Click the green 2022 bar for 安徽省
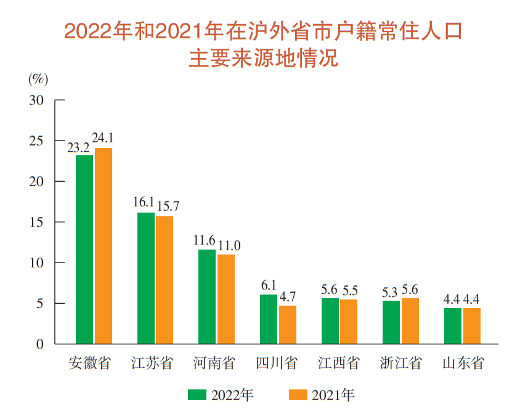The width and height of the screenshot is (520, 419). point(84,249)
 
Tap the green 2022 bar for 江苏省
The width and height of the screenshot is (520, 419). point(146,278)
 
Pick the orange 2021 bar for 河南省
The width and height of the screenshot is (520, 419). point(226,299)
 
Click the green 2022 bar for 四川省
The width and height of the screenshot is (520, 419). point(269,319)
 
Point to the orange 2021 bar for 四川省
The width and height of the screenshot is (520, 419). point(287,324)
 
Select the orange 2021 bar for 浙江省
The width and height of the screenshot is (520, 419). point(410,320)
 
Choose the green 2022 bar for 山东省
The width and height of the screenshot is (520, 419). point(453,325)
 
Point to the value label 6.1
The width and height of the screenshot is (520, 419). point(269,285)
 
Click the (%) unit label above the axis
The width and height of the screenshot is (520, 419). point(38,79)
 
